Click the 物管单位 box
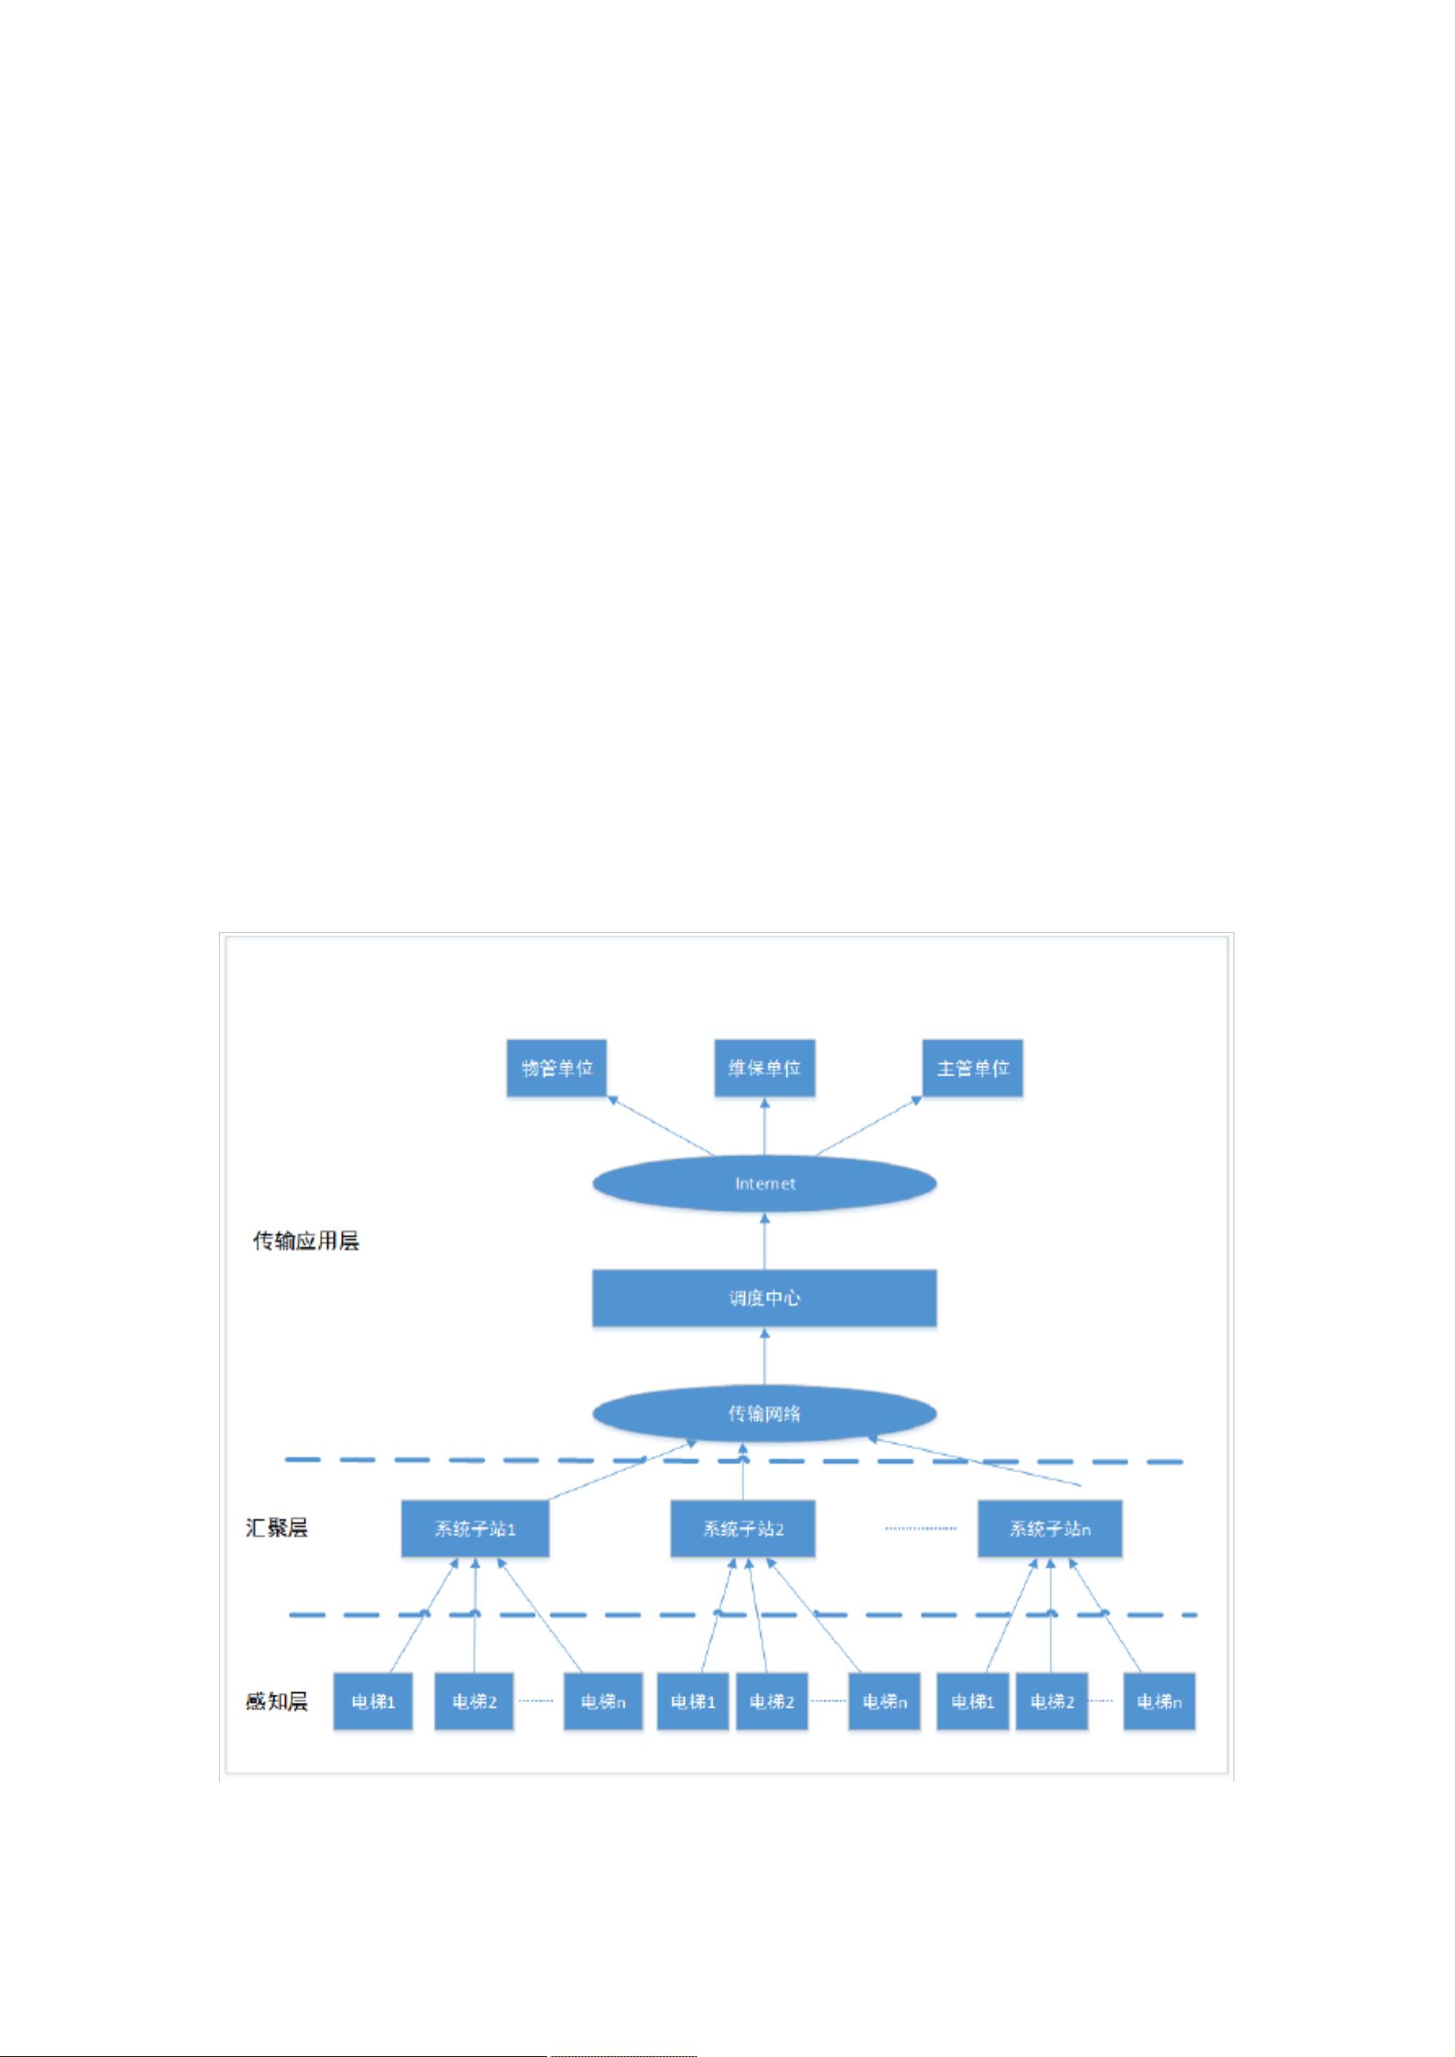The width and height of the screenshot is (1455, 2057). tap(556, 1068)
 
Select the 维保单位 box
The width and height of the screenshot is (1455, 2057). tap(765, 1068)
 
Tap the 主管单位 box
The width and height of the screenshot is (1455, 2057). tap(972, 1068)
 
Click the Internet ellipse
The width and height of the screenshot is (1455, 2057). tap(765, 1184)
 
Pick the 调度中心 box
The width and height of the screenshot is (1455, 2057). tap(765, 1298)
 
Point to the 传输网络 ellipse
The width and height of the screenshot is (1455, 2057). tap(765, 1414)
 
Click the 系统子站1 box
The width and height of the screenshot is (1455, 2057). tap(475, 1530)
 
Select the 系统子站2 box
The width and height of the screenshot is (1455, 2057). tap(743, 1530)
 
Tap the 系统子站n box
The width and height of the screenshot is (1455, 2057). tap(1050, 1530)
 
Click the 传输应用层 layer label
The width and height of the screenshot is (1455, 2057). tap(306, 1241)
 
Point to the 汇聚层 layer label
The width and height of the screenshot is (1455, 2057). tap(277, 1528)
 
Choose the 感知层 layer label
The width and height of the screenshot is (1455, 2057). tap(277, 1700)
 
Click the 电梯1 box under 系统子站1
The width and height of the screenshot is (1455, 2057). tap(373, 1701)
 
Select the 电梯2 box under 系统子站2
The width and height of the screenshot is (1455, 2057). tap(771, 1701)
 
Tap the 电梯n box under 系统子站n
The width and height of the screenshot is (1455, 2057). tap(1159, 1701)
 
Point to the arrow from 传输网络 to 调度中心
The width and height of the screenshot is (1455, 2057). tap(765, 1356)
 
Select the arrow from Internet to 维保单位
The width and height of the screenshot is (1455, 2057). tap(765, 1126)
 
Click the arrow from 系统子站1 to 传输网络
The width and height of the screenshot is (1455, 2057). tap(622, 1470)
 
